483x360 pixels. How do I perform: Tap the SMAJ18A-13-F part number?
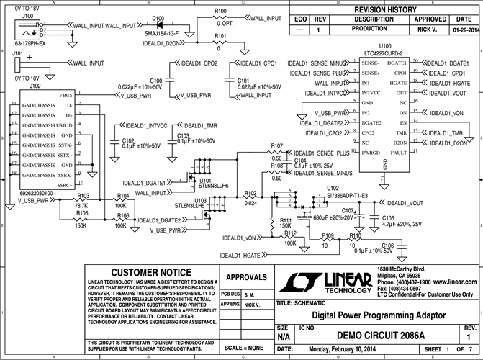pyautogui.click(x=162, y=34)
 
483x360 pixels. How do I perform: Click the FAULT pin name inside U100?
pyautogui.click(x=396, y=153)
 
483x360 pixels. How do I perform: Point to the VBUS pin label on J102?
pyautogui.click(x=65, y=95)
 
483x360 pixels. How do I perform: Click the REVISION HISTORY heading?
pyautogui.click(x=385, y=9)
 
